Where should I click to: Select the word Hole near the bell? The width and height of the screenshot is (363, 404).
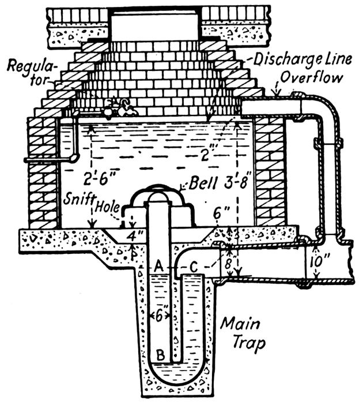(109, 205)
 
